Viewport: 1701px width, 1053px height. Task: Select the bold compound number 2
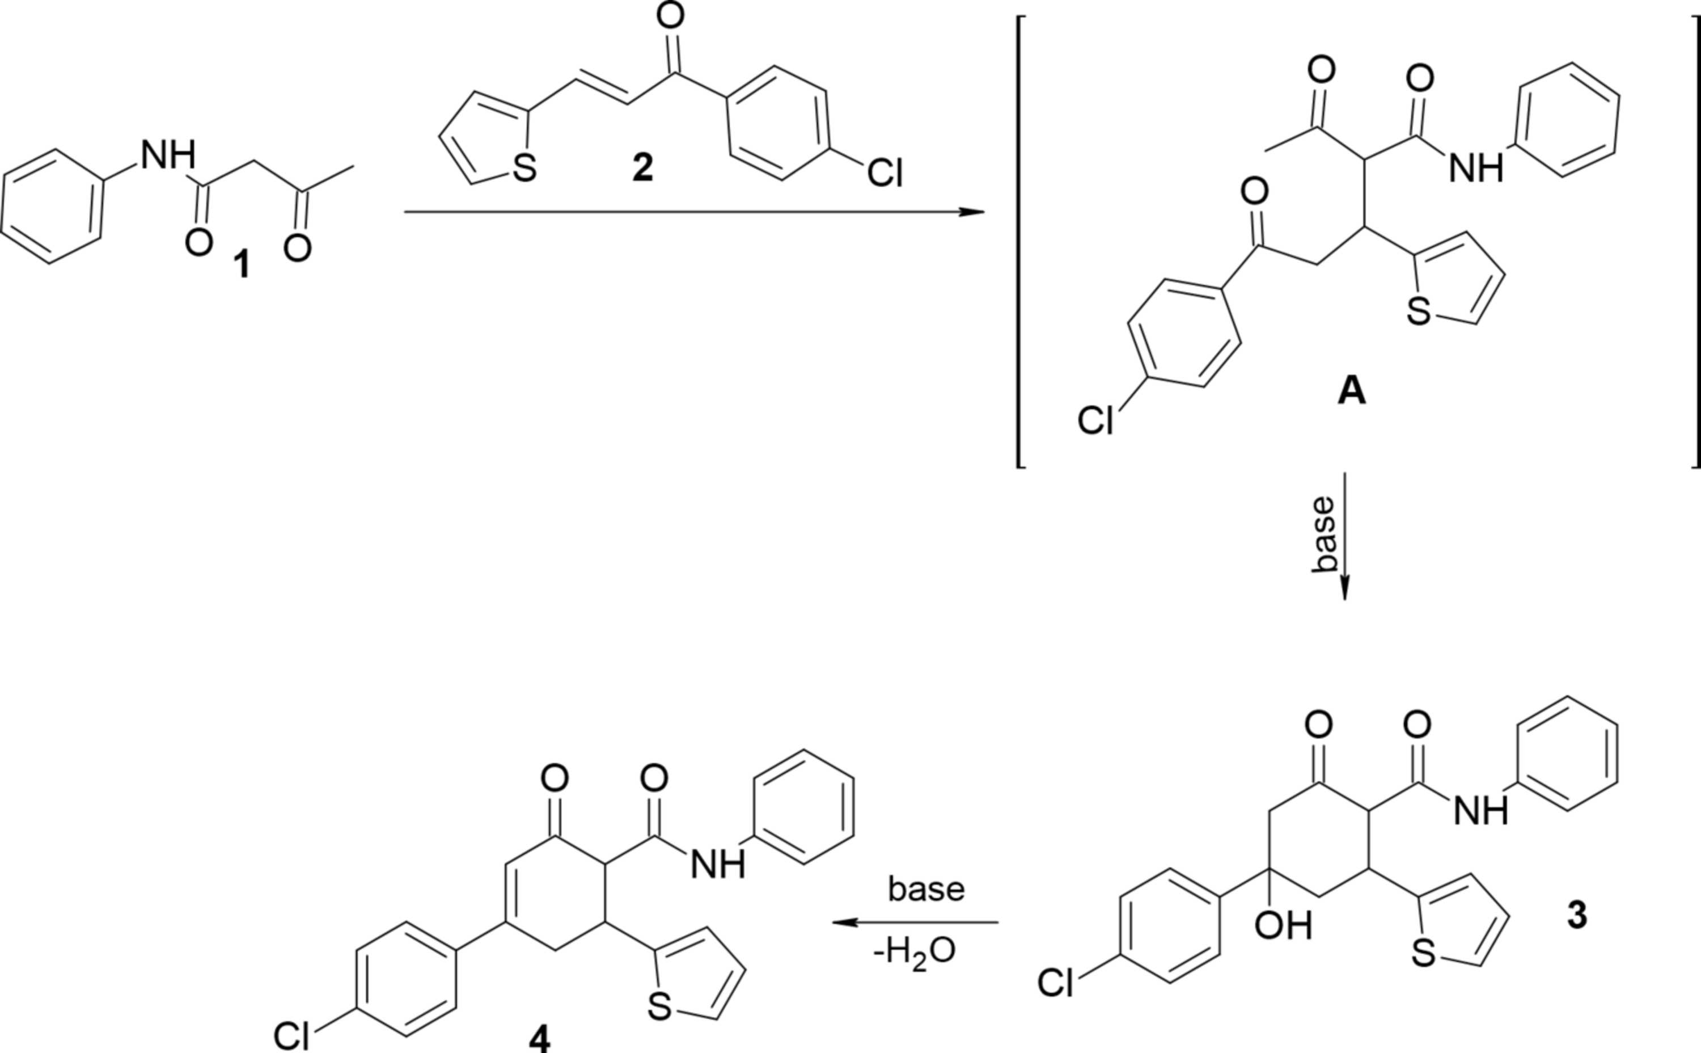pos(642,169)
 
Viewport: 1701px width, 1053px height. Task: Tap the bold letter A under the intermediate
pos(1352,392)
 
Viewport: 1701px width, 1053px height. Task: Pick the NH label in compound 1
pos(168,155)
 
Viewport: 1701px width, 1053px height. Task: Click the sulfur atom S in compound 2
pos(524,169)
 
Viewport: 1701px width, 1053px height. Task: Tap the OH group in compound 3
pos(1283,927)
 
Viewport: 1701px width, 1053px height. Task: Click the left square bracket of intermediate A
pos(1021,241)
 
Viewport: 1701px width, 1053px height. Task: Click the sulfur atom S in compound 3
pos(1423,955)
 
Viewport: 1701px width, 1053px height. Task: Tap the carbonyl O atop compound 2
pos(670,16)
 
